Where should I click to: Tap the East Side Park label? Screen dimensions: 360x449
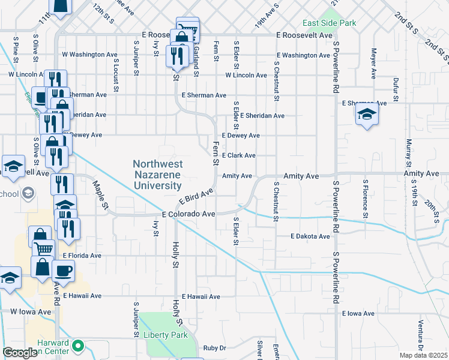pyautogui.click(x=330, y=23)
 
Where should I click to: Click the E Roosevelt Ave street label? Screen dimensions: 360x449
pyautogui.click(x=304, y=35)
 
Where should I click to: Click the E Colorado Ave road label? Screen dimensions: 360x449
pyautogui.click(x=188, y=214)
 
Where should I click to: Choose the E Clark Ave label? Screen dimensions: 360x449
pyautogui.click(x=239, y=155)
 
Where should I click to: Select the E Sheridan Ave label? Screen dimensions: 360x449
pyautogui.click(x=258, y=116)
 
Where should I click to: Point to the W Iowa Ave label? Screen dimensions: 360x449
pyautogui.click(x=31, y=312)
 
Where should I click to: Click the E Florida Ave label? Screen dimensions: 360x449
pyautogui.click(x=82, y=256)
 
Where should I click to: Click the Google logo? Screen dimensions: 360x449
pyautogui.click(x=20, y=353)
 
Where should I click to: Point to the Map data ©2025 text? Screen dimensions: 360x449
pyautogui.click(x=423, y=355)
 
